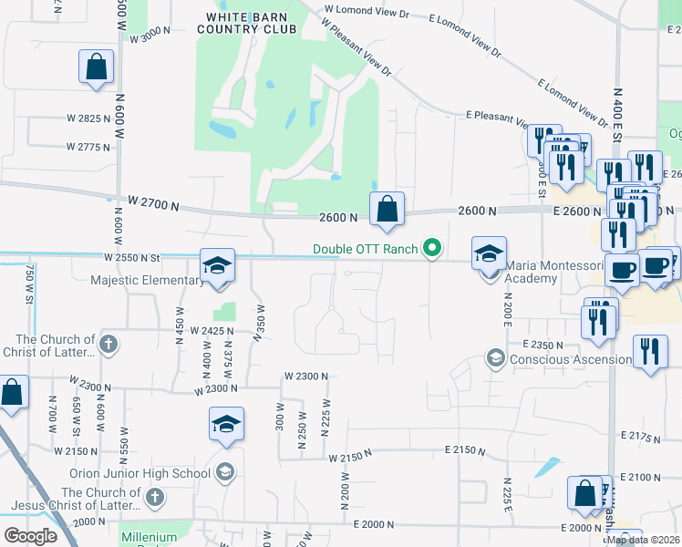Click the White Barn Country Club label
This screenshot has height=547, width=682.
click(x=252, y=23)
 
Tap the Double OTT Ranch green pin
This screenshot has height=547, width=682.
click(x=434, y=248)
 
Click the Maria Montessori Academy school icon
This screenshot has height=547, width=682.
click(x=489, y=253)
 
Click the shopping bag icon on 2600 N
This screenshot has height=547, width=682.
click(x=387, y=210)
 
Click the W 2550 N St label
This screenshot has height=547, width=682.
click(x=131, y=258)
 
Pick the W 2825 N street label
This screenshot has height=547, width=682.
click(x=88, y=119)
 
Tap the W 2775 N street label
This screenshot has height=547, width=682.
click(x=88, y=147)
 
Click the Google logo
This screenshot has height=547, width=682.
click(x=30, y=536)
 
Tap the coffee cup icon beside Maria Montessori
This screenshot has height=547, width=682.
click(x=622, y=271)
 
